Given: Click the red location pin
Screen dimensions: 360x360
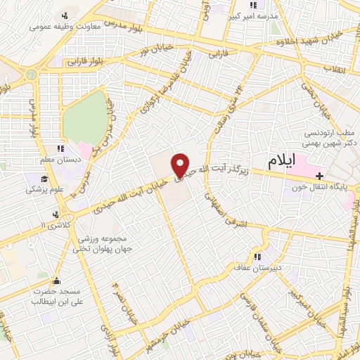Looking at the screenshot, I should click(181, 165).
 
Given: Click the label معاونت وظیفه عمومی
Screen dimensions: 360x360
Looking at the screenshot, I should click(61, 28).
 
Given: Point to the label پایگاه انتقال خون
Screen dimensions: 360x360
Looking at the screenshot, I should click(320, 187).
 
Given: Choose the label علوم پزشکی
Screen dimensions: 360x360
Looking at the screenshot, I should click(43, 189).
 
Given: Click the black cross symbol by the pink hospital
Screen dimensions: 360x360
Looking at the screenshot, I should click(321, 175).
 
